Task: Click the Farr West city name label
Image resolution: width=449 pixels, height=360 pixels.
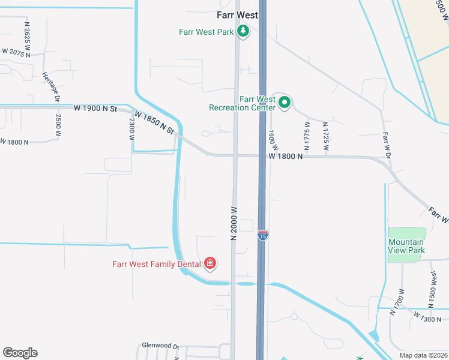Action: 237,15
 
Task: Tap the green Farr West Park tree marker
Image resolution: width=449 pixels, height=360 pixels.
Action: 243,31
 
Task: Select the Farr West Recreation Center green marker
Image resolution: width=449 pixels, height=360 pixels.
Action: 285,103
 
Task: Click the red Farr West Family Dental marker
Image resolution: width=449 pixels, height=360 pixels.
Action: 210,263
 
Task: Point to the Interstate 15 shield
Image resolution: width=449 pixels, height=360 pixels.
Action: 263,235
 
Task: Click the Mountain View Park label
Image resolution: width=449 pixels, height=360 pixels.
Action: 406,246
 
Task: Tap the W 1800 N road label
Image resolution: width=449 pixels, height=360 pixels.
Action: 285,156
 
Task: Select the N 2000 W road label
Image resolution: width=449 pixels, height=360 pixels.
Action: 235,224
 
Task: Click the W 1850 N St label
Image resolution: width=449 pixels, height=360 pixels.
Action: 154,122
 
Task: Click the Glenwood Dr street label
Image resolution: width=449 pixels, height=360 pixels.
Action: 160,346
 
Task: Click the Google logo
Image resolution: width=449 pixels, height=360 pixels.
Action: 20,353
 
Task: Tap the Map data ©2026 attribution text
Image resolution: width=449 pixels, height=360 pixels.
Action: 423,355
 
